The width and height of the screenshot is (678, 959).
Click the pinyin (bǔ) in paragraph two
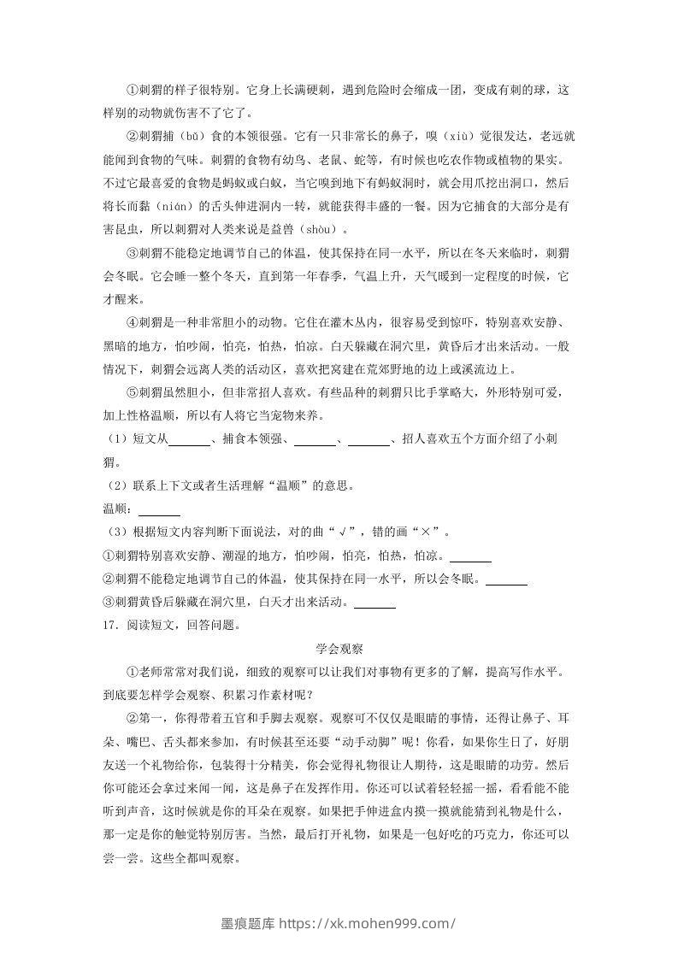[x=190, y=136]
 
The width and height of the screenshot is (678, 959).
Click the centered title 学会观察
[x=339, y=649]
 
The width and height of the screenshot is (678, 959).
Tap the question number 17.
[x=109, y=625]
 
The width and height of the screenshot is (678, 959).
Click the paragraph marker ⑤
[x=131, y=393]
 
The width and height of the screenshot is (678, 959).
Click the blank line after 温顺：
[x=159, y=511]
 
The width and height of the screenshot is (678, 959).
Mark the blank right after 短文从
[x=190, y=441]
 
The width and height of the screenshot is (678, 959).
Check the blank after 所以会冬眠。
[x=506, y=580]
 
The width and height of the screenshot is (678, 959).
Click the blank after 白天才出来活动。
[x=374, y=603]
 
